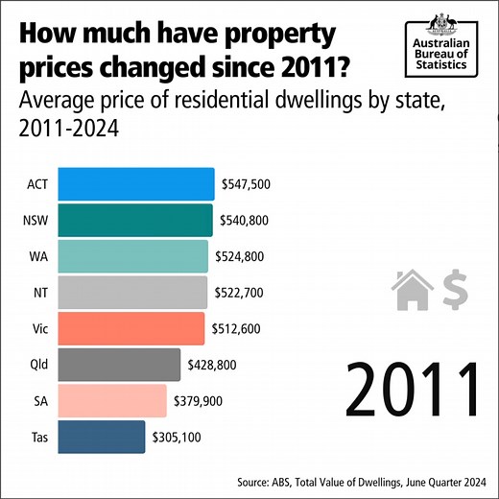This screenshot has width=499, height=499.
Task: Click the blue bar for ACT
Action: point(136,183)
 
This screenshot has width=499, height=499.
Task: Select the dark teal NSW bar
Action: point(135,220)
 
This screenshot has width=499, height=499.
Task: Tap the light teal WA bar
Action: point(133,256)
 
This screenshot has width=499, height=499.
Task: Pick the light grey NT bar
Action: point(132,292)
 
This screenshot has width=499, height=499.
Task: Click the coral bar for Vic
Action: point(131,328)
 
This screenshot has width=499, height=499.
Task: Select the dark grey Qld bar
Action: point(119,365)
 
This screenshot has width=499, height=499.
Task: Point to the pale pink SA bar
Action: point(112,400)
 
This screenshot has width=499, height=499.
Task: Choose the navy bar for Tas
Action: point(102,437)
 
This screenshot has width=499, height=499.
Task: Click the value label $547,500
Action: point(247,183)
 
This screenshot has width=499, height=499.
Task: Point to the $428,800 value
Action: point(212,365)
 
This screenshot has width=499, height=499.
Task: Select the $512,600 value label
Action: point(236,328)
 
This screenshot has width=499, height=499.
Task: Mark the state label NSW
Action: point(36,220)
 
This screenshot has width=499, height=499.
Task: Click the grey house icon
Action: point(414,289)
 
